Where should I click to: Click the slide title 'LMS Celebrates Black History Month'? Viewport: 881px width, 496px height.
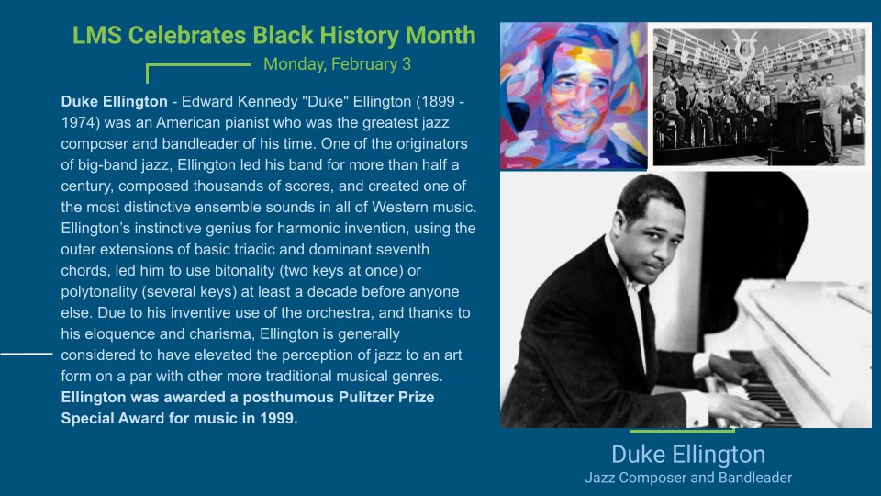[x=273, y=36]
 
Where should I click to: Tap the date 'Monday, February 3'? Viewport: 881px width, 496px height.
[x=337, y=64]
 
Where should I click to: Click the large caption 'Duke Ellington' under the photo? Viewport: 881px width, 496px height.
[x=687, y=455]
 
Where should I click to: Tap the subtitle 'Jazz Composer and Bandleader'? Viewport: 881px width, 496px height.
[x=687, y=478]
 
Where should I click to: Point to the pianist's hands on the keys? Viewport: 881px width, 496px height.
[x=734, y=386]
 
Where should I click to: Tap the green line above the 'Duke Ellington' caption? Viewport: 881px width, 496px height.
[x=682, y=430]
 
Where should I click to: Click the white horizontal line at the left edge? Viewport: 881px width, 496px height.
[x=26, y=353]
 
